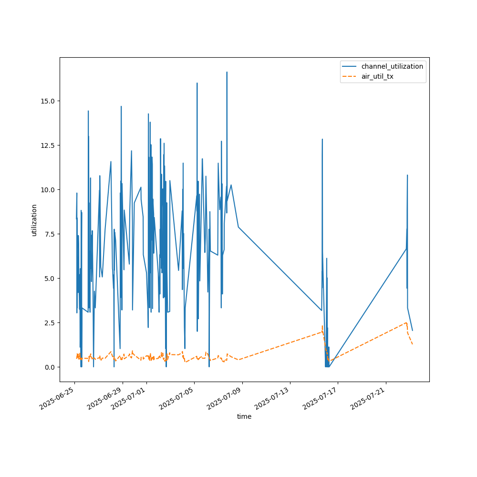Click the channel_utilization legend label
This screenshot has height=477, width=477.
[392, 66]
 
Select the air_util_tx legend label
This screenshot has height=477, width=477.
[377, 76]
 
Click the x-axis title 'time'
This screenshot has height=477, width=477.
[244, 416]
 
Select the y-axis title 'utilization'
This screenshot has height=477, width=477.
[34, 220]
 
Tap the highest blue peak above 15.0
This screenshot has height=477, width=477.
[227, 72]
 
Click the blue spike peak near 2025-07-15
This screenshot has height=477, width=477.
[322, 139]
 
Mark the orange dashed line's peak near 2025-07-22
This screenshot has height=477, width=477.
[406, 322]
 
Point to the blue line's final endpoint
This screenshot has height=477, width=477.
[413, 331]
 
